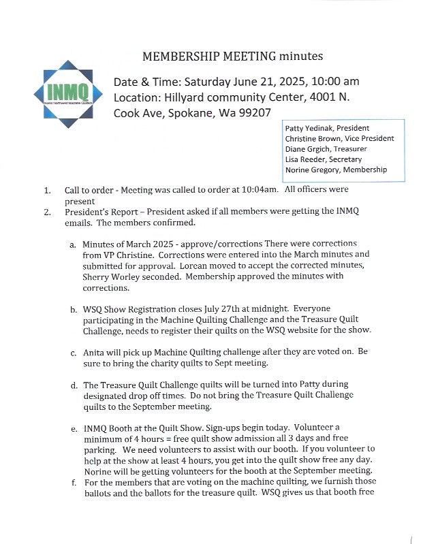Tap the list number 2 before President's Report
pyautogui.click(x=48, y=212)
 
